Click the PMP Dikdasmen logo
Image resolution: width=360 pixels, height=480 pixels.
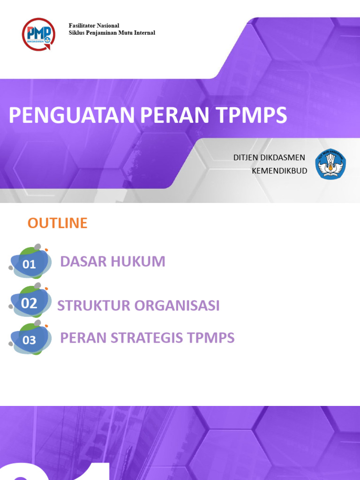(38, 34)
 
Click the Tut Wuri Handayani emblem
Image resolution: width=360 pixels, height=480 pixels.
(330, 164)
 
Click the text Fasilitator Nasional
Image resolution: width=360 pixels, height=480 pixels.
(94, 25)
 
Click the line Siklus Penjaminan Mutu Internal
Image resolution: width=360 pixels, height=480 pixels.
(112, 33)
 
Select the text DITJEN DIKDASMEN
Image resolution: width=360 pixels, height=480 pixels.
(269, 157)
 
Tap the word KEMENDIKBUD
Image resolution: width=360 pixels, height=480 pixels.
(279, 171)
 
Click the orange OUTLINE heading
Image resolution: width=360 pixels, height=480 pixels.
(57, 223)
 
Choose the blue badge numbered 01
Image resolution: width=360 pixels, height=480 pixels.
(30, 264)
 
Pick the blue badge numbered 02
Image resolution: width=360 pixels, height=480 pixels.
(30, 303)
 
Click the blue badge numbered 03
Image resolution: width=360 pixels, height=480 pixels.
(30, 340)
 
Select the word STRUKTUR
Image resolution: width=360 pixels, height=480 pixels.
(94, 306)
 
